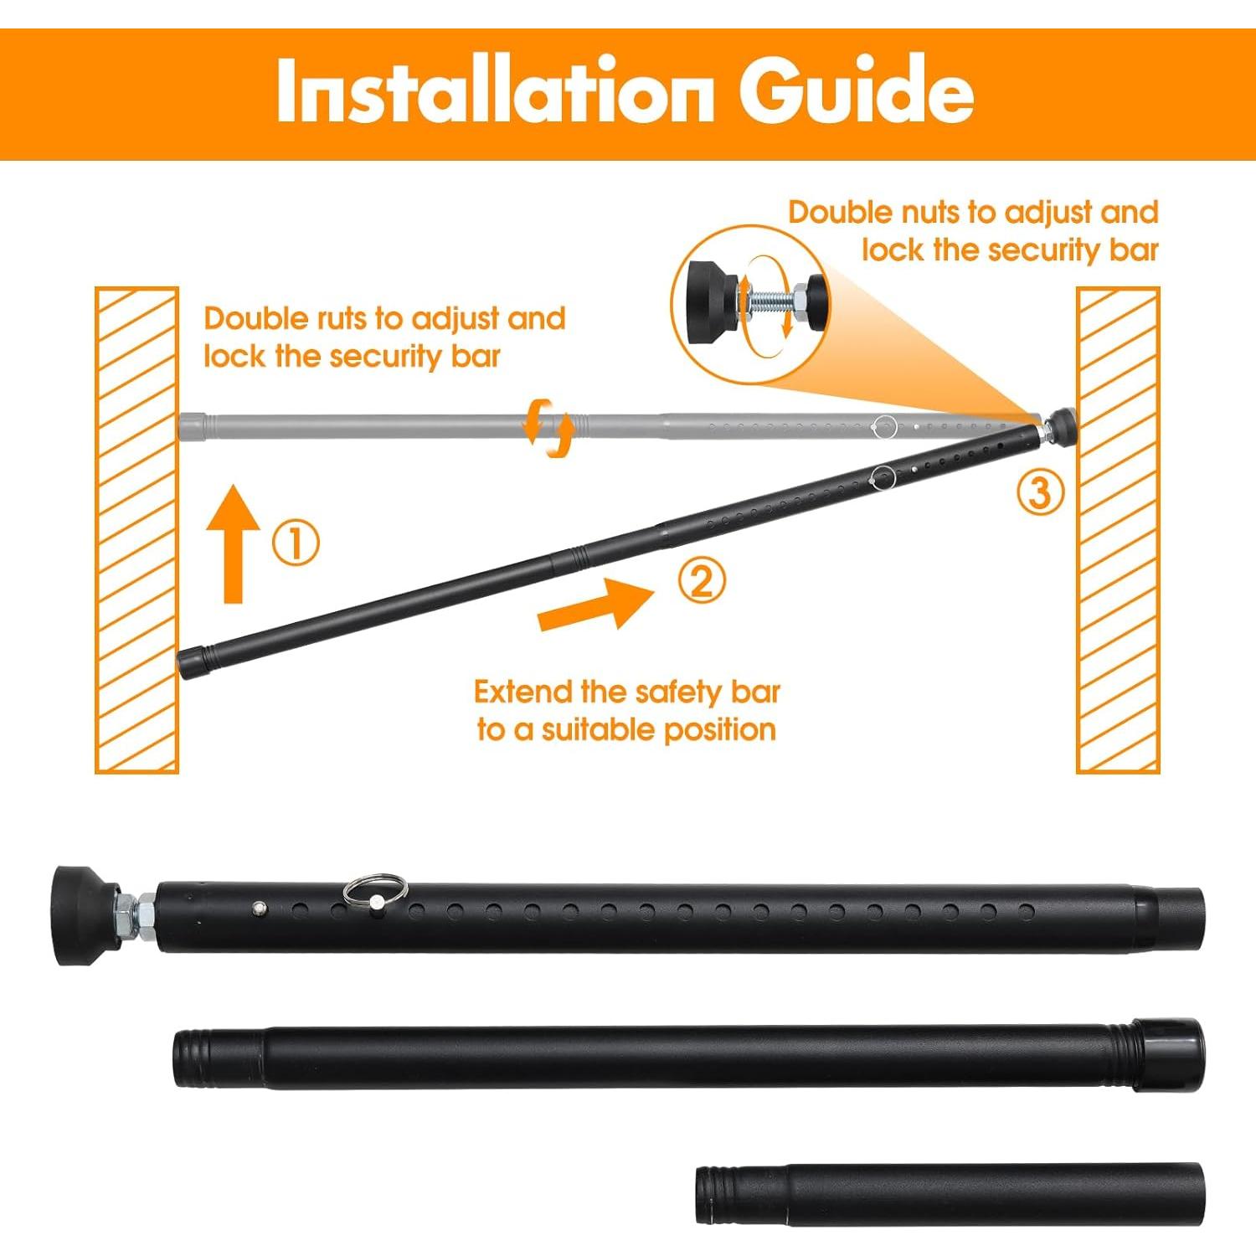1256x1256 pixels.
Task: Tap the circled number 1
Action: [296, 543]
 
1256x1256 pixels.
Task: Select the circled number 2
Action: [702, 580]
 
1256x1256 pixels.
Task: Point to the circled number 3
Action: [1040, 492]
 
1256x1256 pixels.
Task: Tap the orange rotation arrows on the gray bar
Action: [548, 428]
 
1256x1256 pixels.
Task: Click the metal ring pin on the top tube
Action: [374, 889]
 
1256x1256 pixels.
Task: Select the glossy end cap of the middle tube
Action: [1170, 1054]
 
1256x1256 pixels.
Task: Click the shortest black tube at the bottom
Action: [950, 1194]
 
